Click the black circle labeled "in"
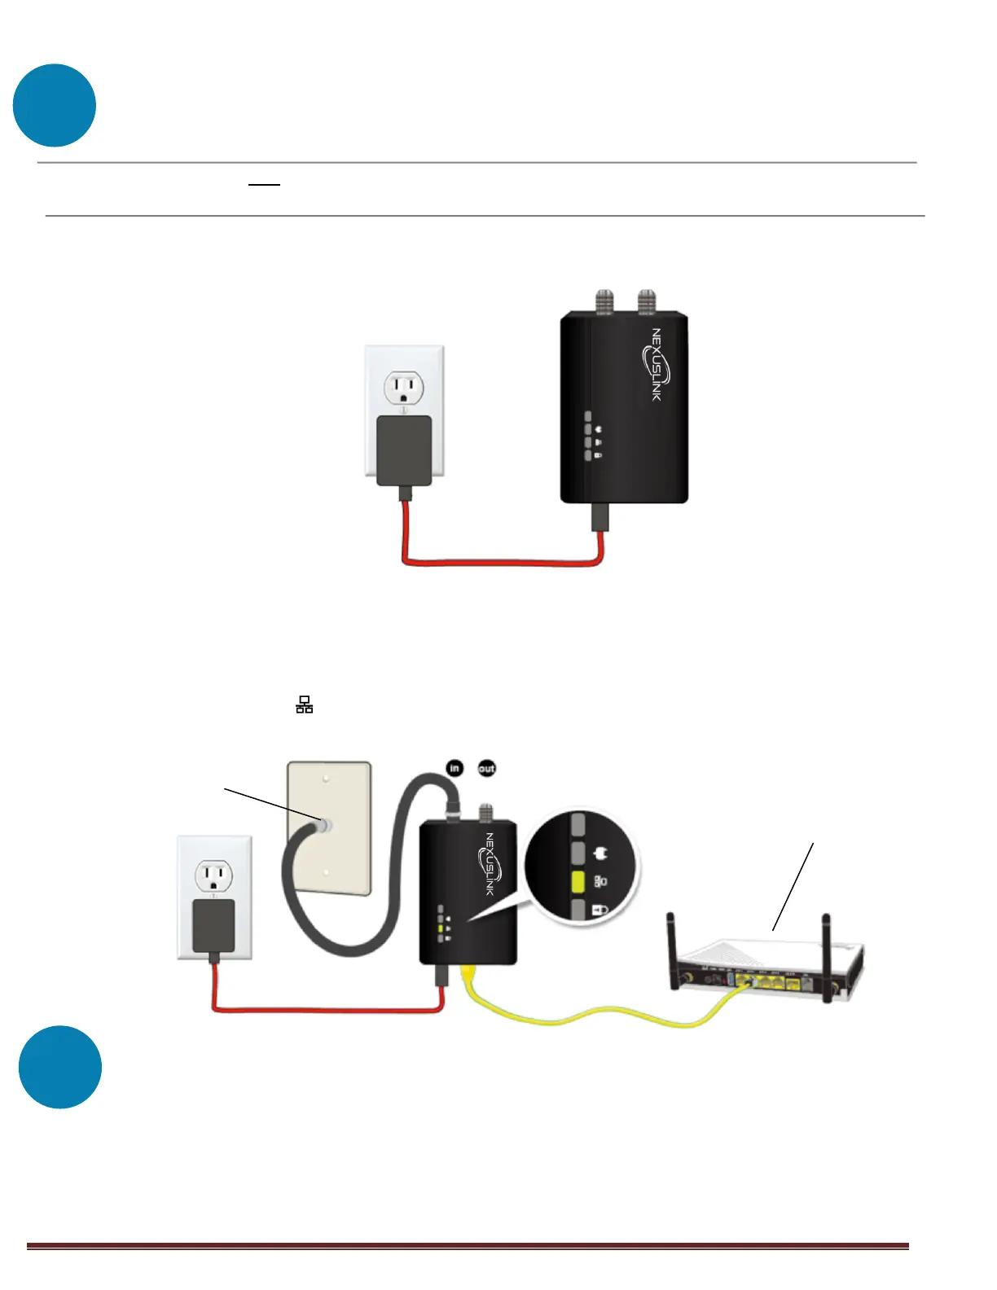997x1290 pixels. [455, 767]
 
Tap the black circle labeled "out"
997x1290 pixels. [486, 768]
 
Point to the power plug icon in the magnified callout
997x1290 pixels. [602, 854]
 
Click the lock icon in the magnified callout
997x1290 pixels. [601, 909]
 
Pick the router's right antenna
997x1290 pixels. [827, 957]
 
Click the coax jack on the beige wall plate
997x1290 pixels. [323, 824]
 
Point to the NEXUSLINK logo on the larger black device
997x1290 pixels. [657, 364]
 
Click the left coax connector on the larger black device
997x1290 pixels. [604, 303]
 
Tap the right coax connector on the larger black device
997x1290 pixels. [647, 303]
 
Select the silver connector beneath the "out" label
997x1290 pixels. [486, 812]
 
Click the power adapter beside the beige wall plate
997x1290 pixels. [213, 927]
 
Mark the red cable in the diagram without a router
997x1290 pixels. [501, 562]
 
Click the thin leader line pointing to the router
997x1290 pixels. [793, 887]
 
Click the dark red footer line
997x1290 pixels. [468, 1246]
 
